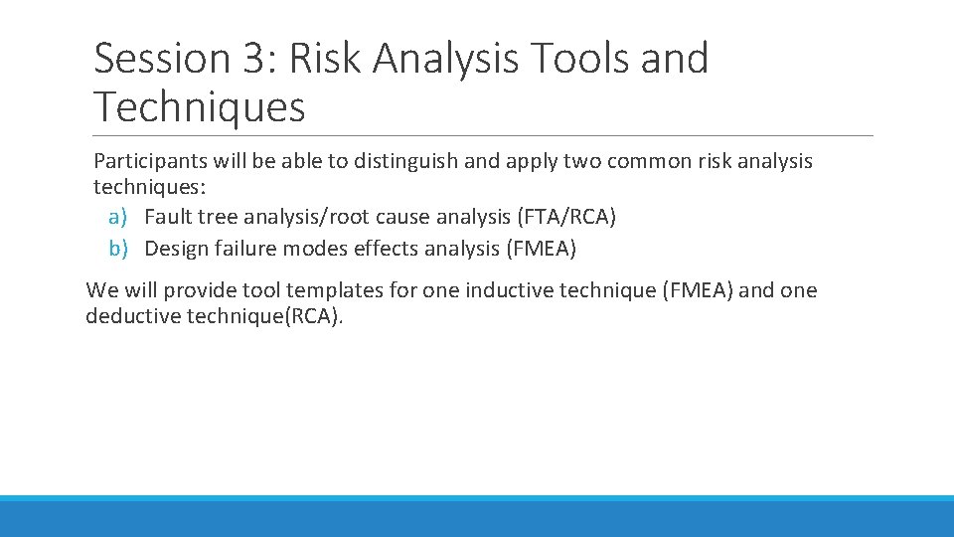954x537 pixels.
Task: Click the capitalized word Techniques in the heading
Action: tap(199, 106)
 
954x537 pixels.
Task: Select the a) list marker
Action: tap(115, 217)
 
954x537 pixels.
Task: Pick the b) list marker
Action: tap(115, 249)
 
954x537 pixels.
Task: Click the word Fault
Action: tap(168, 217)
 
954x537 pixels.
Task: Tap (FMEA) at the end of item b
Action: tap(541, 249)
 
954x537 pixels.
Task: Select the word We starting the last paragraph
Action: tap(101, 290)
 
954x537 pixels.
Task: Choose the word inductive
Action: tap(510, 290)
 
